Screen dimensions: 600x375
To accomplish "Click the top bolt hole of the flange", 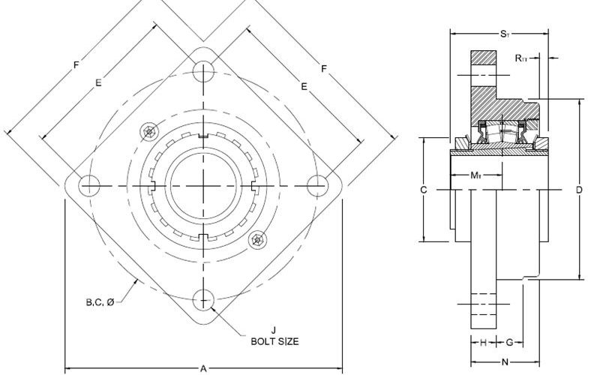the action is pyautogui.click(x=203, y=71).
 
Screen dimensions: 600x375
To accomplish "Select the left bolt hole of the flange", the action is pyautogui.click(x=88, y=186).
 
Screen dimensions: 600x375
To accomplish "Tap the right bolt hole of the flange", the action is pyautogui.click(x=317, y=186).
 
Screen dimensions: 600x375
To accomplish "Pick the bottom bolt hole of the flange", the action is pyautogui.click(x=203, y=300).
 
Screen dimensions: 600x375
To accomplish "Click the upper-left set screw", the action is pyautogui.click(x=148, y=132).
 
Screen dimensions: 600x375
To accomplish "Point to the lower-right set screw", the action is pyautogui.click(x=257, y=240).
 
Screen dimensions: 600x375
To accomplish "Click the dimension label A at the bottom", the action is pyautogui.click(x=203, y=368).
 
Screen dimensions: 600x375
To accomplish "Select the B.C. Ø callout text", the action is pyautogui.click(x=100, y=302).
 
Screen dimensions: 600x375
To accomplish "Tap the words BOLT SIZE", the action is pyautogui.click(x=274, y=341).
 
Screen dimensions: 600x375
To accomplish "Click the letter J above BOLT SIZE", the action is pyautogui.click(x=273, y=330).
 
